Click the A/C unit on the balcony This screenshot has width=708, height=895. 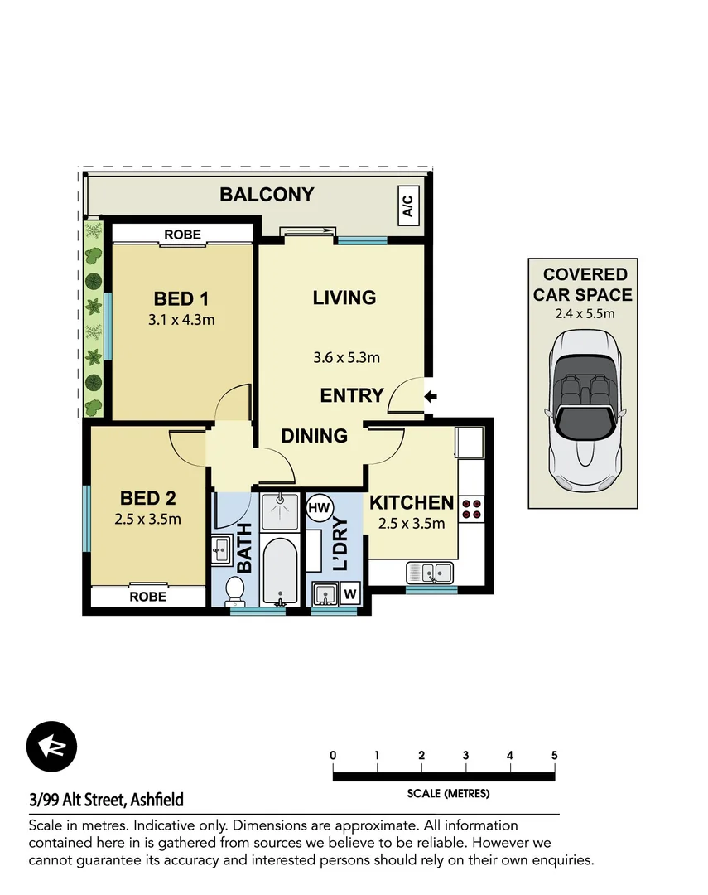click(x=409, y=205)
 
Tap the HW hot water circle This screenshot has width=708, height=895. click(x=317, y=507)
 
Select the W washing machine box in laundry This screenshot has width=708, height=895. click(x=349, y=593)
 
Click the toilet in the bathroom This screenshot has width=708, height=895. click(x=234, y=591)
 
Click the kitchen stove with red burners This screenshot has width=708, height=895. click(x=472, y=508)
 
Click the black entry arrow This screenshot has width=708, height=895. click(x=430, y=397)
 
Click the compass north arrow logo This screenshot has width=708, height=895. click(x=51, y=746)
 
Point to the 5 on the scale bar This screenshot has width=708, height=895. click(x=554, y=755)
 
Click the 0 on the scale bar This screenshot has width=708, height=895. click(x=333, y=755)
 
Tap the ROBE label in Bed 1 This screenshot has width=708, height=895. click(x=182, y=235)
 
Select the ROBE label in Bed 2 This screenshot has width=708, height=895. click(x=148, y=597)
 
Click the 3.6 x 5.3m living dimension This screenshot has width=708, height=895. click(x=346, y=358)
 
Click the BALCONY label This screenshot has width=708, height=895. click(x=267, y=195)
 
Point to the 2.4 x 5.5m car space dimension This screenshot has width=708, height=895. click(x=583, y=313)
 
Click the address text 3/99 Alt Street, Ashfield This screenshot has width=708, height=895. click(x=106, y=800)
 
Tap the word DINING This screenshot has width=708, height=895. click(x=314, y=435)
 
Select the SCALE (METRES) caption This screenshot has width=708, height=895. click(x=448, y=793)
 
